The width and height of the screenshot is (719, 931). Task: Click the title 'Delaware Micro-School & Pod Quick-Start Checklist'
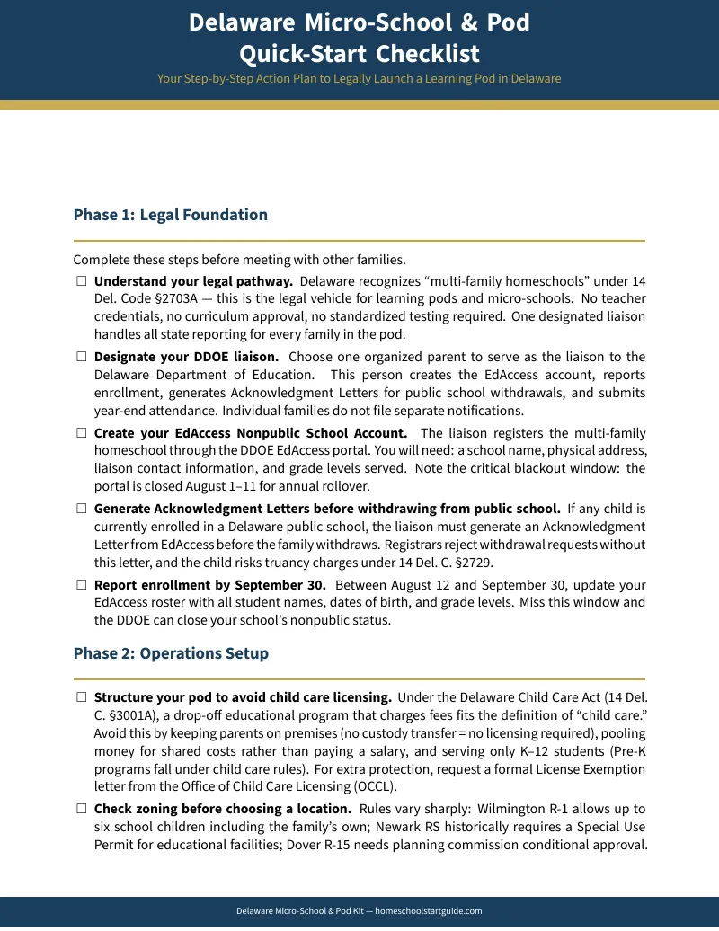tap(359, 38)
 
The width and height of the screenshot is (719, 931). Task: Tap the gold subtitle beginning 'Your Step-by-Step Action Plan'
tap(359, 79)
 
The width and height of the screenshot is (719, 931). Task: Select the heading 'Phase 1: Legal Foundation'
tap(171, 215)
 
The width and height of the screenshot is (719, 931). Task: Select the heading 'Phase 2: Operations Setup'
tap(171, 653)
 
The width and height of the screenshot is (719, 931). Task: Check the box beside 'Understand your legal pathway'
tap(81, 281)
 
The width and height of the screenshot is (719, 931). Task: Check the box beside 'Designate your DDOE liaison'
tap(81, 357)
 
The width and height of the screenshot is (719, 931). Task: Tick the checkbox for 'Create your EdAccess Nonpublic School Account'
tap(81, 433)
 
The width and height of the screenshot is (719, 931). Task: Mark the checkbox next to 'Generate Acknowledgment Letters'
tap(81, 509)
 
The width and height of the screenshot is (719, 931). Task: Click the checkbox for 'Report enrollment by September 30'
tap(81, 585)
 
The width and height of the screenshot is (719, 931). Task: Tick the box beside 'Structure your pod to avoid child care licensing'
tap(81, 696)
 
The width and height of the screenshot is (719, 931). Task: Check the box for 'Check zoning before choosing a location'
tap(81, 809)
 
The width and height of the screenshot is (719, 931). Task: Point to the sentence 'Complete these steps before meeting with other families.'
tap(239, 261)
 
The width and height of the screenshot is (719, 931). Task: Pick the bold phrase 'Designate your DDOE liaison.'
tap(186, 357)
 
